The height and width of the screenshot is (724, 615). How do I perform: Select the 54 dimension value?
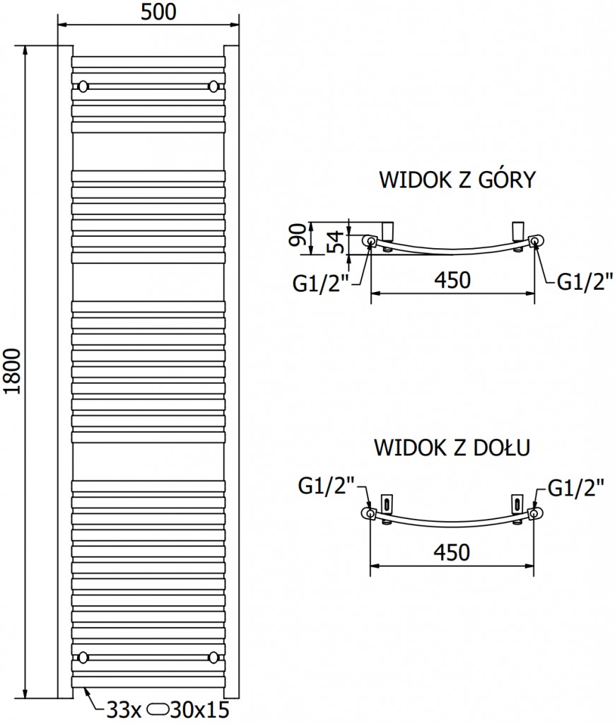pos(337,242)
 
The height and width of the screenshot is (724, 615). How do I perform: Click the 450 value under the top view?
pos(452,280)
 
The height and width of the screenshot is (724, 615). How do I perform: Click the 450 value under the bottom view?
pos(452,551)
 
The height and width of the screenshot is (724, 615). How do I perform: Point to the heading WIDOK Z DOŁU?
pos(452,448)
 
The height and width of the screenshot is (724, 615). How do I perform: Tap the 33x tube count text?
pos(117,709)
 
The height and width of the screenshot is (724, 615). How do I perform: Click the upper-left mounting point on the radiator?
pos(84,86)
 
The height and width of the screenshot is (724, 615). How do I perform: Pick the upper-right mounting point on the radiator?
pos(213,86)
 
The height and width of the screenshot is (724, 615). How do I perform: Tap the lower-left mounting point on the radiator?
pos(84,657)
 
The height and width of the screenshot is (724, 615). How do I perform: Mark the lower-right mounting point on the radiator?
pos(213,657)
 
